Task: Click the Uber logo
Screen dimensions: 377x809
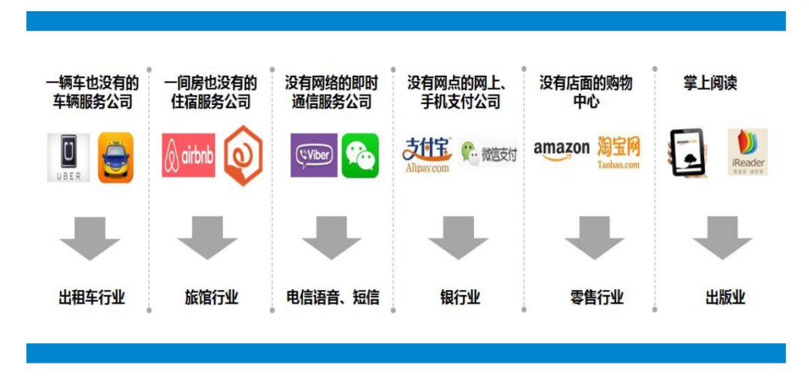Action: coord(69,157)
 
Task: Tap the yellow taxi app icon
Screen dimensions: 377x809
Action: coord(116,157)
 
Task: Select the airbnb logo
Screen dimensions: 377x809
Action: coord(188,155)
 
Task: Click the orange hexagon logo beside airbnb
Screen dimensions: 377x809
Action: coord(243,156)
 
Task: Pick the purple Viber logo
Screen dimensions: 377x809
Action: coord(314,155)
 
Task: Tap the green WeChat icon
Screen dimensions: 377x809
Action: coord(360,155)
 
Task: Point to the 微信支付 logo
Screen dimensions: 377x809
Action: coord(489,154)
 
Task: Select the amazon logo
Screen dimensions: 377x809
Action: coord(562,150)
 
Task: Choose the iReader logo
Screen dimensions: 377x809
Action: coord(748,152)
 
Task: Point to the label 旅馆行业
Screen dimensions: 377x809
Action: coord(211,298)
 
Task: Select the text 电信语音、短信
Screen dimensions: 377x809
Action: coord(333,298)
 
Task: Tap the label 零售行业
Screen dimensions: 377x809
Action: coord(596,298)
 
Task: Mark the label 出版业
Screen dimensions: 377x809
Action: coord(725,298)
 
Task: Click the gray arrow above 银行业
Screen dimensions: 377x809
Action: coord(458,238)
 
